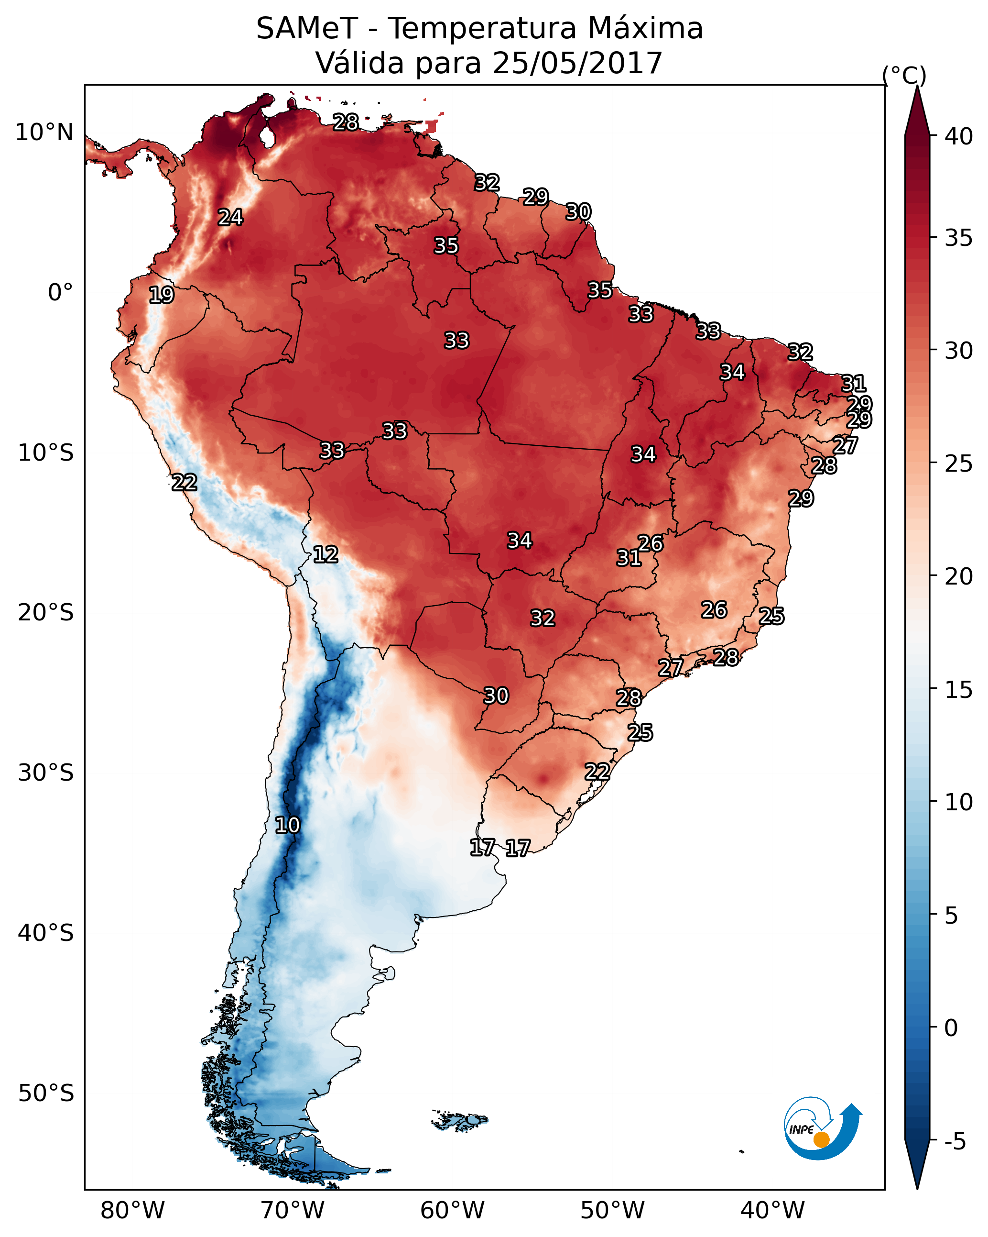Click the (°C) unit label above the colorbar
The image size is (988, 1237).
(904, 75)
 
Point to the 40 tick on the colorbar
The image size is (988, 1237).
(958, 136)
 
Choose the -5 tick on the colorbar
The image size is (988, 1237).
(955, 1142)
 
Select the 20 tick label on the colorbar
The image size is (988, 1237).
(958, 576)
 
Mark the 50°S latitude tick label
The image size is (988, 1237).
(46, 1093)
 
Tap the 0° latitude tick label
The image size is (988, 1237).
(60, 293)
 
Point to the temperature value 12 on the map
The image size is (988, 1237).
(326, 554)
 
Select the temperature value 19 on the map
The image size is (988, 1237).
(162, 295)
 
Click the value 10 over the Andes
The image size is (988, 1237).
(287, 825)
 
